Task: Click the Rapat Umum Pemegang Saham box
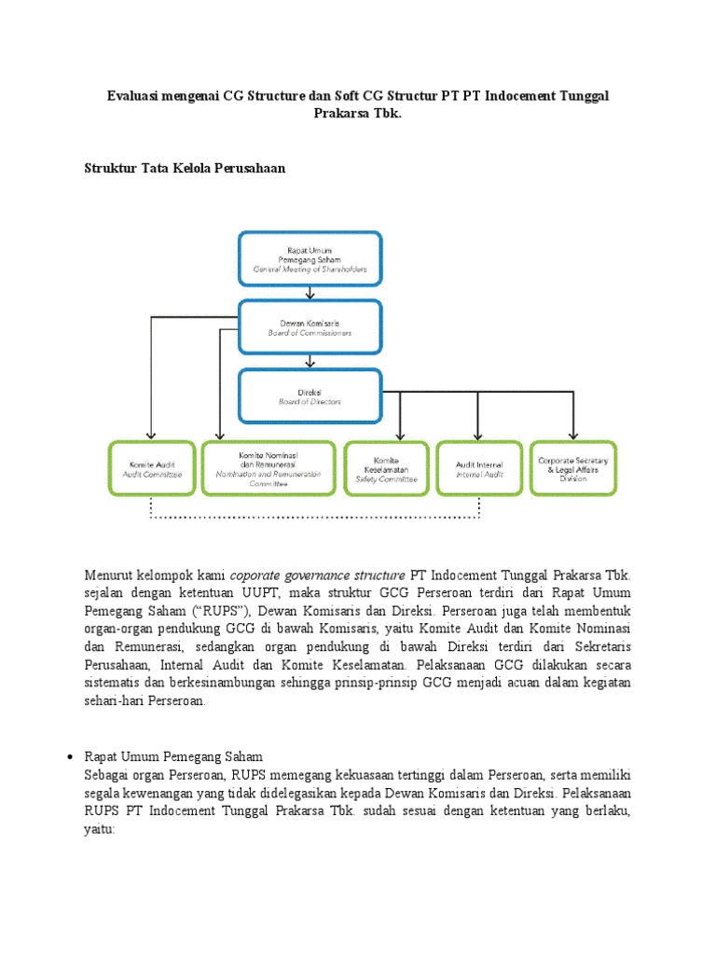[x=310, y=258]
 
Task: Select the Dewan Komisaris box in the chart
[x=310, y=326]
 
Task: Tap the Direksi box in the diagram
[x=310, y=395]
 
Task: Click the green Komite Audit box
[x=150, y=468]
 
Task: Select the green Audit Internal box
[x=478, y=468]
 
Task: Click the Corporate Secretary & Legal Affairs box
[x=573, y=468]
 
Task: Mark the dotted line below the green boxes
[x=314, y=516]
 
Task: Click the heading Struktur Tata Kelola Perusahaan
[x=185, y=168]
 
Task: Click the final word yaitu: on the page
[x=100, y=827]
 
